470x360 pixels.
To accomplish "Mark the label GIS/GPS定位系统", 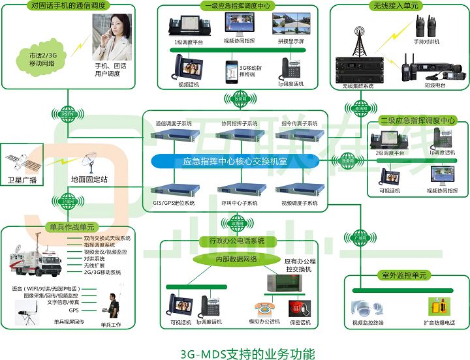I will coord(174,203).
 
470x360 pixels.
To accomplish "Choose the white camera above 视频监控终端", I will coord(363,307).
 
